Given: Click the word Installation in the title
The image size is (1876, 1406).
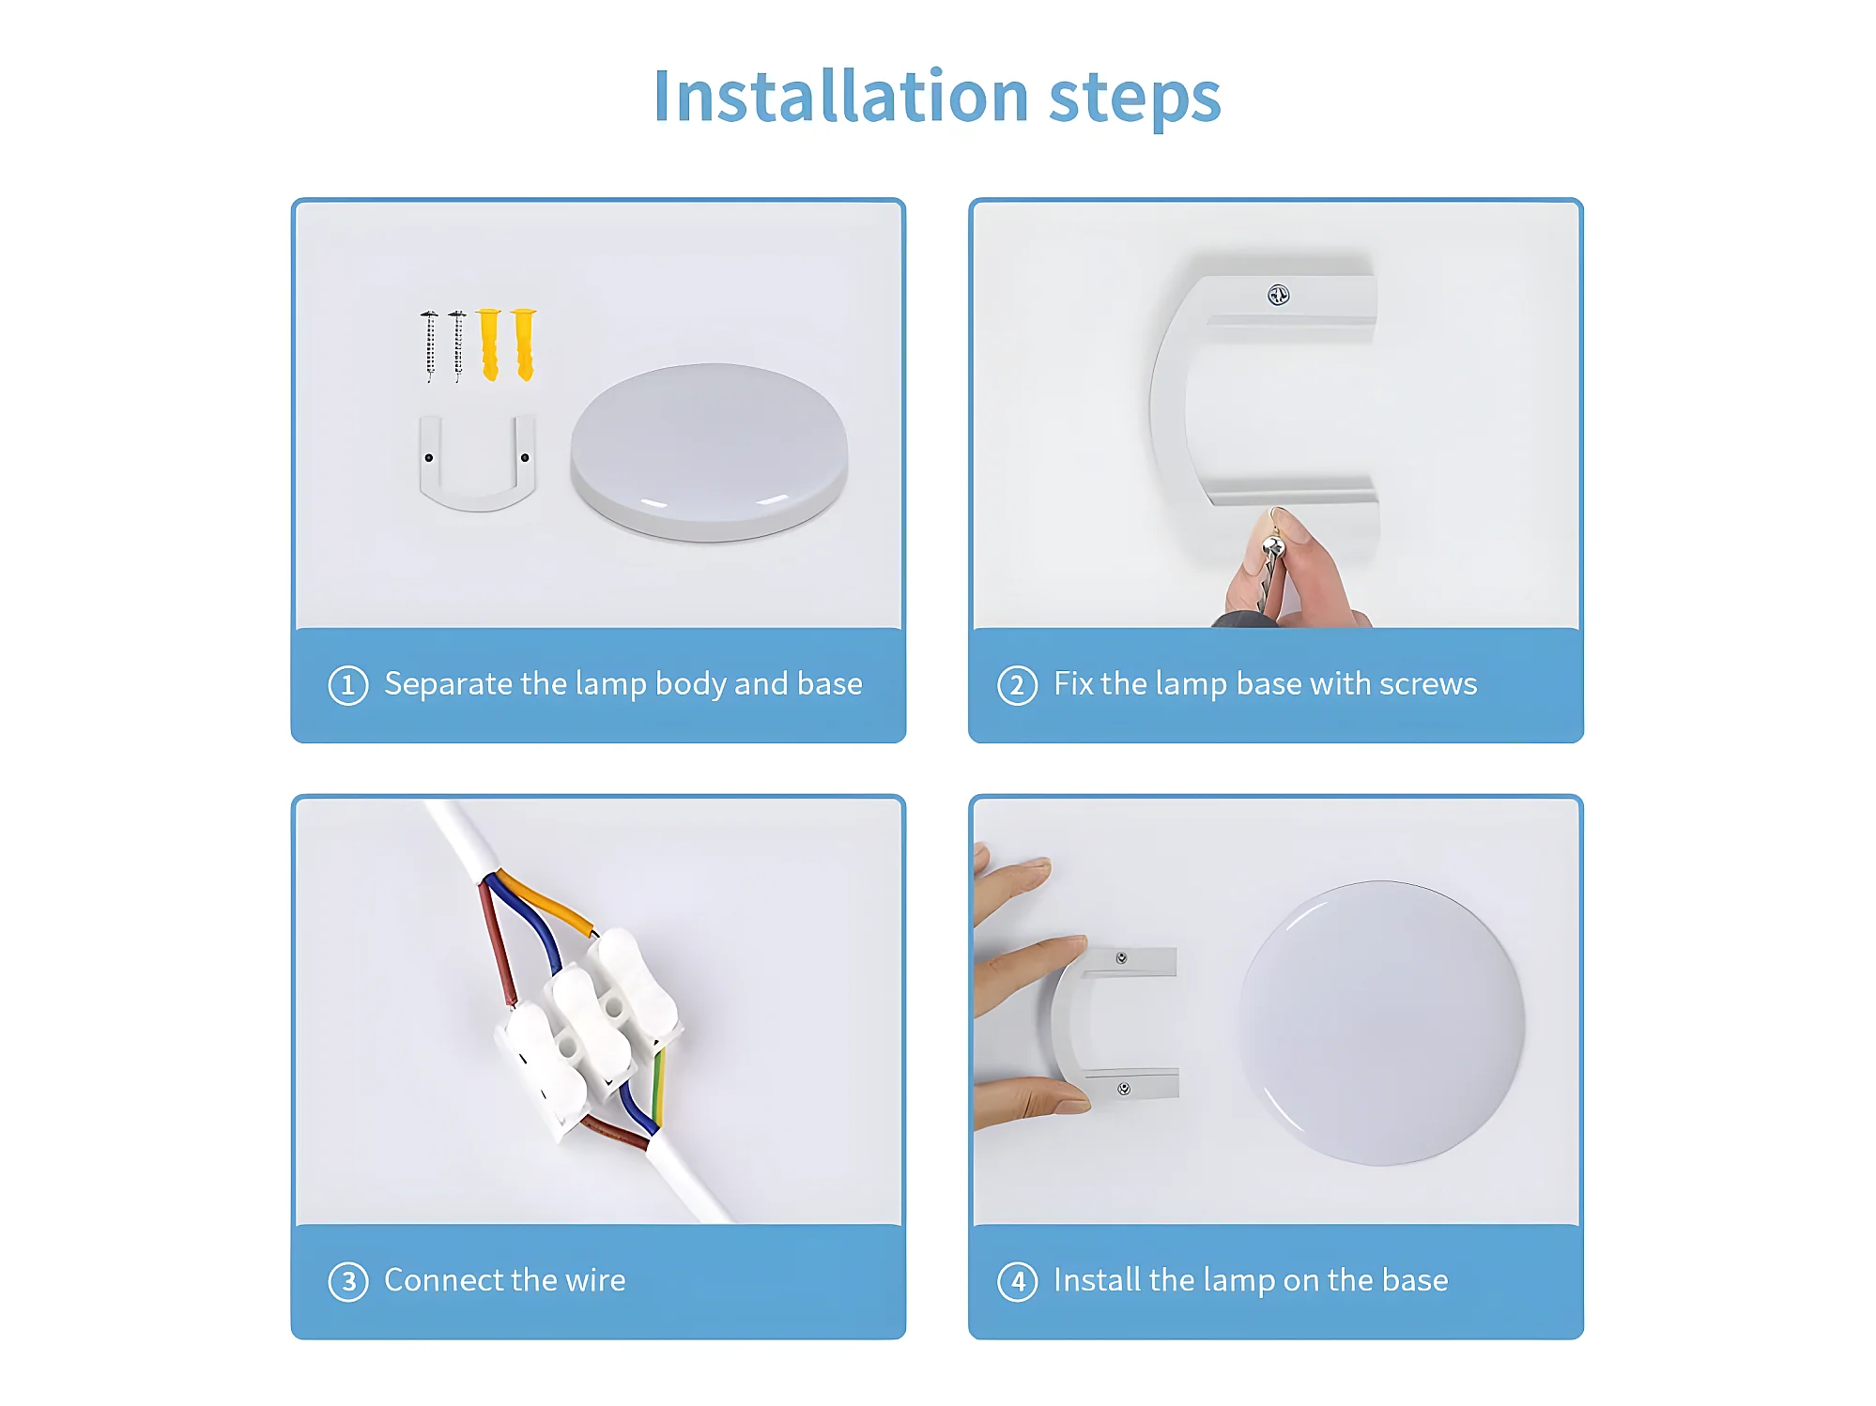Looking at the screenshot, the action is pyautogui.click(x=841, y=96).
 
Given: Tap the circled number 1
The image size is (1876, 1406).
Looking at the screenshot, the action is pyautogui.click(x=347, y=685).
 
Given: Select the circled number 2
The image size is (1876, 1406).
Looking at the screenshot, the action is pyautogui.click(x=1017, y=685).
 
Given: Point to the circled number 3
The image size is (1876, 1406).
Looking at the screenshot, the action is pyautogui.click(x=347, y=1281).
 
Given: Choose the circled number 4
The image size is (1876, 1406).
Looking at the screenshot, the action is pyautogui.click(x=1017, y=1281).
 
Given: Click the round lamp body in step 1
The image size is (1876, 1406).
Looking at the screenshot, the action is pyautogui.click(x=709, y=452).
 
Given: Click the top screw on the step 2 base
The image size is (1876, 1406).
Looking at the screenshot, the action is pyautogui.click(x=1278, y=295).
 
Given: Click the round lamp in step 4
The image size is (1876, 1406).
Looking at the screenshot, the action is pyautogui.click(x=1381, y=1023).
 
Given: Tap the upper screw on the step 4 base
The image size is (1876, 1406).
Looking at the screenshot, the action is pyautogui.click(x=1121, y=958).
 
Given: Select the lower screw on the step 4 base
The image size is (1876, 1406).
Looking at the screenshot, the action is pyautogui.click(x=1124, y=1089).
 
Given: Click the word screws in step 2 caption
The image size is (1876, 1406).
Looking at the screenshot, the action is pyautogui.click(x=1428, y=684).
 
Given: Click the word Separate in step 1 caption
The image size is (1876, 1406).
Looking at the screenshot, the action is pyautogui.click(x=448, y=685).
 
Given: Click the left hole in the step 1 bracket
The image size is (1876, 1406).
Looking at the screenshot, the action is pyautogui.click(x=429, y=458).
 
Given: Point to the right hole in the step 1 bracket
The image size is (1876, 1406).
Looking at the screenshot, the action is pyautogui.click(x=525, y=458).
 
